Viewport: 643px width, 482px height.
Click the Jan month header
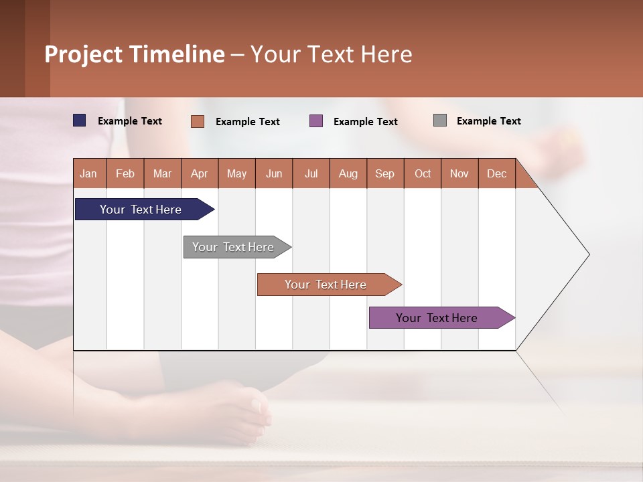pos(89,173)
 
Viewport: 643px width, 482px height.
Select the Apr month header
pos(200,173)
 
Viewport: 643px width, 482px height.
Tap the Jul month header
pos(311,173)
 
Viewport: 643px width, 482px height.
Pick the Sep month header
pos(385,173)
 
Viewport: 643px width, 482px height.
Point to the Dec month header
pos(496,173)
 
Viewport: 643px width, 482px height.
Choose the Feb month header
pos(125,173)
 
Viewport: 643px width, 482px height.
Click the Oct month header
pos(423,173)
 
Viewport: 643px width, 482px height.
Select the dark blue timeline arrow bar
pos(141,210)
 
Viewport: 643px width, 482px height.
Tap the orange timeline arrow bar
pos(326,285)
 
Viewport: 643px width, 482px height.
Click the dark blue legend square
pos(80,120)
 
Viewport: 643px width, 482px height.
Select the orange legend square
pos(198,121)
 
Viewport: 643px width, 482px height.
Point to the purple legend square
pos(316,121)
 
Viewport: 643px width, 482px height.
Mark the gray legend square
pos(440,120)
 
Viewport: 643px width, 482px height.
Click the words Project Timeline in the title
pos(135,54)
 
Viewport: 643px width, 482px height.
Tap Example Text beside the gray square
pos(488,121)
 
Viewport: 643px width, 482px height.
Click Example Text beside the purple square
pos(365,122)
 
